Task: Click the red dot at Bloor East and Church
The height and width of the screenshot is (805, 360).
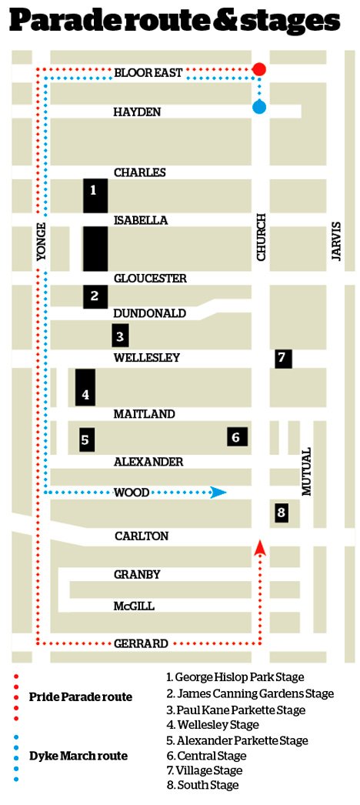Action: pos(259,69)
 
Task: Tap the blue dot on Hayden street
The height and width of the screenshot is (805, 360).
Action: pos(259,107)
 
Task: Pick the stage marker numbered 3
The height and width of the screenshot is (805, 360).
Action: pos(119,336)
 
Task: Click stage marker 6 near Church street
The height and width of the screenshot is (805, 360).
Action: pos(237,436)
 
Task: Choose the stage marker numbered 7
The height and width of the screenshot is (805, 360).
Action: pos(282,358)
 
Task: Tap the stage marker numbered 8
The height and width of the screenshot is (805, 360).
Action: pos(282,512)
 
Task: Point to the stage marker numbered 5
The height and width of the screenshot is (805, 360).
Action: pos(86,440)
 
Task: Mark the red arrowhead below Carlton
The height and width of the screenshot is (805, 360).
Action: pos(259,548)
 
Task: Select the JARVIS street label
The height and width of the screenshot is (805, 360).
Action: pos(335,241)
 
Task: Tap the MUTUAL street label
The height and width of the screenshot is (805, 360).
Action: pos(306,471)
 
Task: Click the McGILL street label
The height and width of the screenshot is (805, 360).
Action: pos(134,606)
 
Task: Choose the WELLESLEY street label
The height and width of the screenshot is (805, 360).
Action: pos(147,358)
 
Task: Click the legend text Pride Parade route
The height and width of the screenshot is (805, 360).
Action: pos(81,697)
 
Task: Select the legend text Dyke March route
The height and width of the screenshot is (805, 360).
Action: pos(78,756)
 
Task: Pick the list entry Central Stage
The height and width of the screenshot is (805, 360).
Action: pos(201,755)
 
